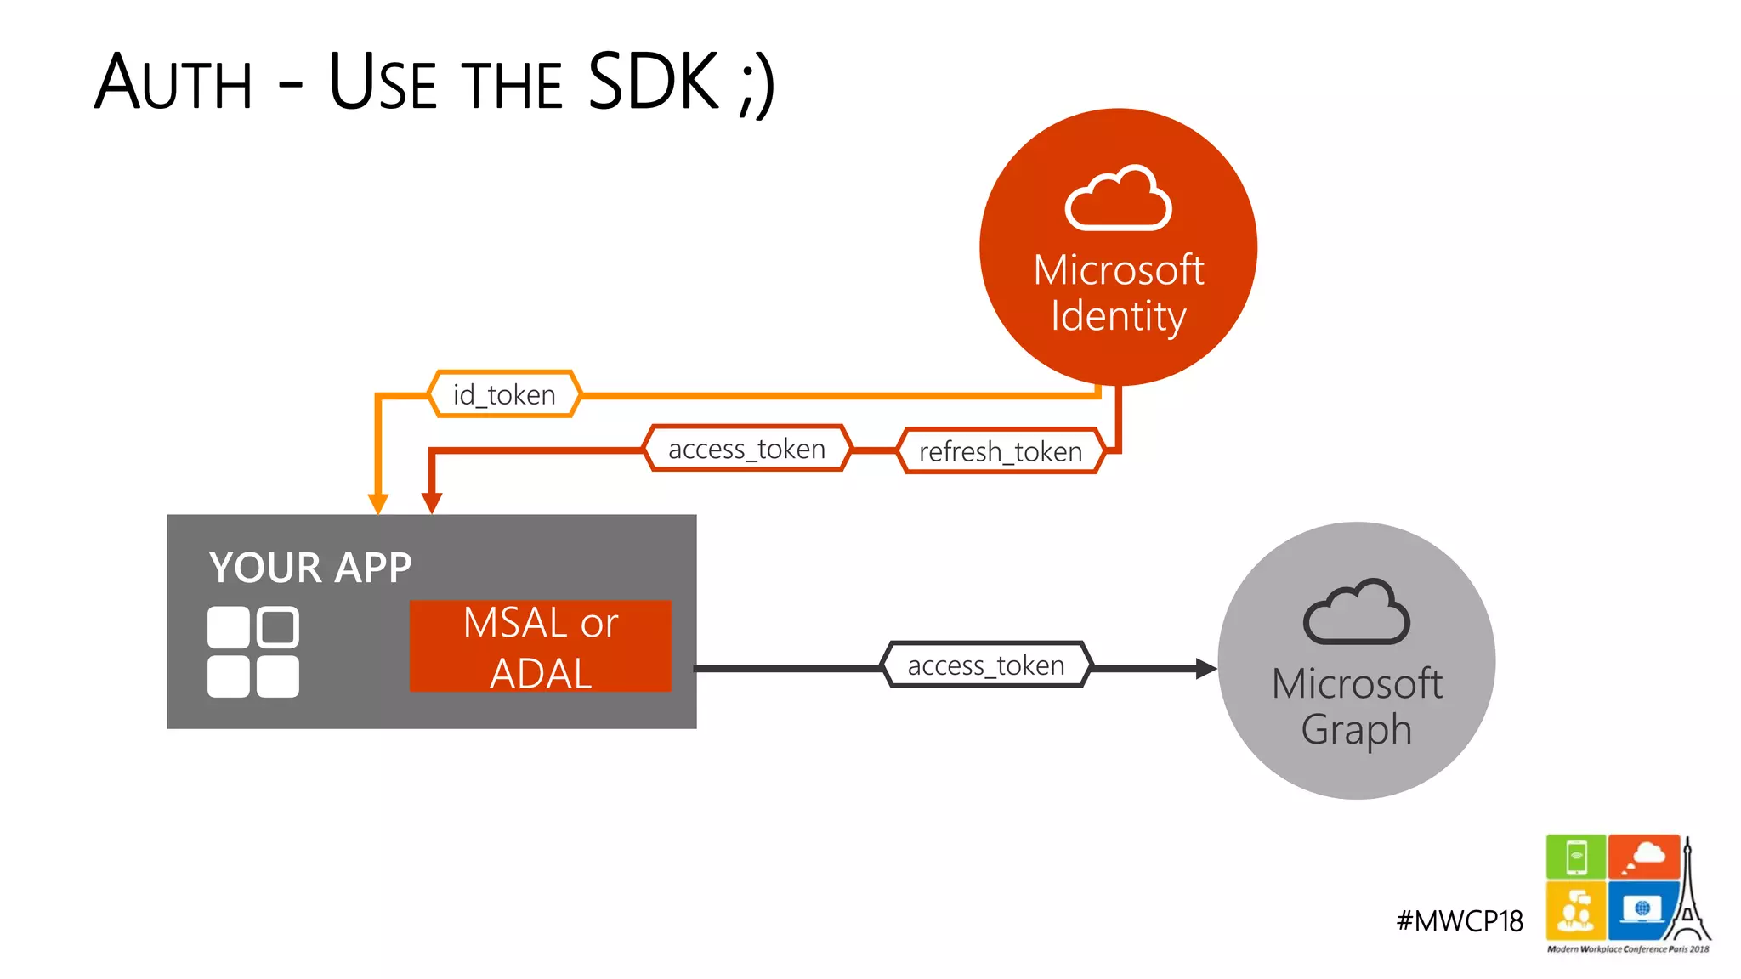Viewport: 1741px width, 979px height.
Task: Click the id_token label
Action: tap(504, 394)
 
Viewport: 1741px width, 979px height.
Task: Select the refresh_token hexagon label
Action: tap(1001, 451)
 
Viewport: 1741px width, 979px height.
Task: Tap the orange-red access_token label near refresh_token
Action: tap(746, 449)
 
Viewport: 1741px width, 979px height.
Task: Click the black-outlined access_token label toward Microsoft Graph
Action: tap(986, 665)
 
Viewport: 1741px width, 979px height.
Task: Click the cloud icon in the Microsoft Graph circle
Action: tap(1356, 613)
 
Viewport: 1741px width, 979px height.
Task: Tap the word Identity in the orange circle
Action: tap(1118, 316)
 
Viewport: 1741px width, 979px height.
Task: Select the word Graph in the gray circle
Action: tap(1356, 730)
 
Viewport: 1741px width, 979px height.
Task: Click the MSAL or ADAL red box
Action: tap(541, 647)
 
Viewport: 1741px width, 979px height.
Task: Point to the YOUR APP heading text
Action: tap(310, 568)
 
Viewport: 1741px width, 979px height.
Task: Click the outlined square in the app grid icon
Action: tap(278, 628)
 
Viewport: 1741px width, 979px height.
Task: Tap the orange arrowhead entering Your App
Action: tap(378, 503)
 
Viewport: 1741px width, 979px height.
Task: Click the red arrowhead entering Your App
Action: tap(432, 503)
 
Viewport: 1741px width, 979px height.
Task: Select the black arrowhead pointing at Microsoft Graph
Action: tap(1205, 669)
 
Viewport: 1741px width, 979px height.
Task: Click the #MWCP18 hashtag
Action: tap(1460, 921)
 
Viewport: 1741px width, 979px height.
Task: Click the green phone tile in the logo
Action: tap(1575, 857)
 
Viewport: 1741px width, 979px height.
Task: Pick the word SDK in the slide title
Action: tap(653, 82)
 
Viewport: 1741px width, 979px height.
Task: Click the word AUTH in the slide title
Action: tap(174, 82)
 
